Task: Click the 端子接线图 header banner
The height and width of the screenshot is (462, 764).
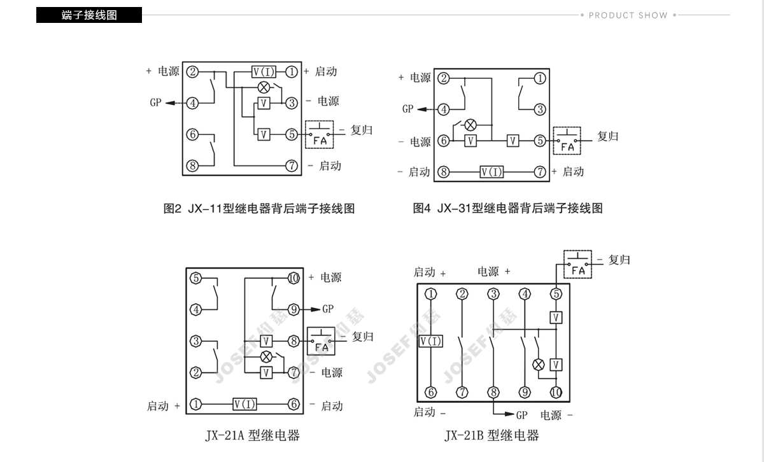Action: pyautogui.click(x=89, y=15)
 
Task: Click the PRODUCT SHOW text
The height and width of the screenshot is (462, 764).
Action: pyautogui.click(x=628, y=15)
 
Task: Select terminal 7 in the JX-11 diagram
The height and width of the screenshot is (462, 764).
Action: pyautogui.click(x=292, y=166)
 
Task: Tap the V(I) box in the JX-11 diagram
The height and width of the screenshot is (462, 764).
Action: pyautogui.click(x=264, y=72)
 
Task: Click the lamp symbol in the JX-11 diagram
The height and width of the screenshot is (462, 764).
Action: pyautogui.click(x=264, y=87)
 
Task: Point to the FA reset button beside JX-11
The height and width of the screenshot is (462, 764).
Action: pyautogui.click(x=319, y=134)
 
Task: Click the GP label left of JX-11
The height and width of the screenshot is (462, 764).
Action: pyautogui.click(x=155, y=102)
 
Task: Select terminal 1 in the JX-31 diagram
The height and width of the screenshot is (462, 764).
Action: pyautogui.click(x=540, y=78)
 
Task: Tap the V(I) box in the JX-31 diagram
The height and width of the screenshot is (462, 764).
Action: pyautogui.click(x=492, y=172)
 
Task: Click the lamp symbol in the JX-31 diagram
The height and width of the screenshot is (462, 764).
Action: pyautogui.click(x=470, y=125)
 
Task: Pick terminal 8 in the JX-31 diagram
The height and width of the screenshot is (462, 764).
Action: pyautogui.click(x=443, y=172)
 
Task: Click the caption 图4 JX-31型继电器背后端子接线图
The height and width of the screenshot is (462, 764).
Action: pyautogui.click(x=507, y=208)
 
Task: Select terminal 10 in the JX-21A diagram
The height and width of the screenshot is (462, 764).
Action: pyautogui.click(x=294, y=278)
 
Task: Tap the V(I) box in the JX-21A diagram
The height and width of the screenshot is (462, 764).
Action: pyautogui.click(x=244, y=404)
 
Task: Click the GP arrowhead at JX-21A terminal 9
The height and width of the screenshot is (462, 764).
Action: pyautogui.click(x=315, y=310)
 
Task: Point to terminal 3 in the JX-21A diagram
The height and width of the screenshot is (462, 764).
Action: pyautogui.click(x=196, y=341)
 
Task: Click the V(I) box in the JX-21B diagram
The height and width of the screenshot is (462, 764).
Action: pyautogui.click(x=431, y=341)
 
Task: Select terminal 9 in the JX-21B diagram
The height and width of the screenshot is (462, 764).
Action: pyautogui.click(x=525, y=393)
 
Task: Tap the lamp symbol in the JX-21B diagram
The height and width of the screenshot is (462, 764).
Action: pyautogui.click(x=539, y=365)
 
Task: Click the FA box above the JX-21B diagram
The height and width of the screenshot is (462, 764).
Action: pyautogui.click(x=577, y=264)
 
